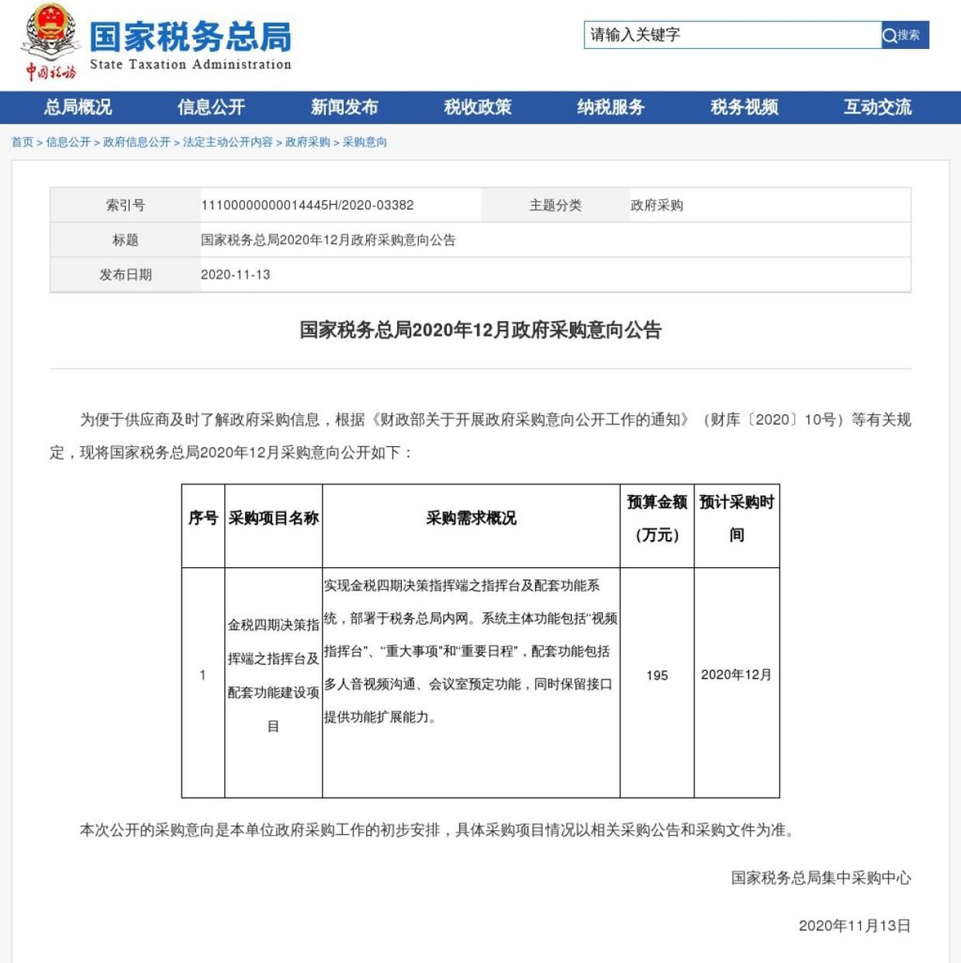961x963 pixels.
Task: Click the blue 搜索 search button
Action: [x=904, y=35]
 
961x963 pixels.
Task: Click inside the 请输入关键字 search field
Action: [x=732, y=35]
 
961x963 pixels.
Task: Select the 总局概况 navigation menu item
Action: [x=78, y=107]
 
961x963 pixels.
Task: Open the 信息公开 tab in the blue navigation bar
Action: [x=211, y=107]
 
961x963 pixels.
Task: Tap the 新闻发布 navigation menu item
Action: [x=344, y=107]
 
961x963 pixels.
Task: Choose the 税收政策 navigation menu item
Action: [x=477, y=107]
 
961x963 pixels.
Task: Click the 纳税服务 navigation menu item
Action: [x=611, y=107]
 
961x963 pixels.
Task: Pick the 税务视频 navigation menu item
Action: [x=744, y=107]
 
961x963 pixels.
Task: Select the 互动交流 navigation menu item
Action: [x=877, y=107]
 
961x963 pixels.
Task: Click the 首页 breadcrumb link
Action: [x=22, y=142]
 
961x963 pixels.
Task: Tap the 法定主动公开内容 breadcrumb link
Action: [x=227, y=142]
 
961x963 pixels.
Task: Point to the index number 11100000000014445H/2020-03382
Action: [x=308, y=205]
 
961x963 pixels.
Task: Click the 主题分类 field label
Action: [x=555, y=205]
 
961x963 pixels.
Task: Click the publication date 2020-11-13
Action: [x=235, y=275]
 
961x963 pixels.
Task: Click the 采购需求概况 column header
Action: [x=471, y=518]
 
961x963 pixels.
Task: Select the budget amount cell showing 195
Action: [x=657, y=675]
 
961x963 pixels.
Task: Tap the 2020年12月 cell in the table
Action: [x=736, y=675]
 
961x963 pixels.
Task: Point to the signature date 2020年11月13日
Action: [x=854, y=925]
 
